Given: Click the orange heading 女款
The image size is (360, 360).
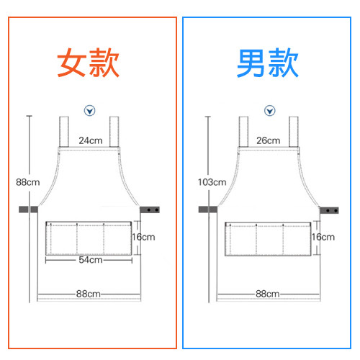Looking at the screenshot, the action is point(88,63).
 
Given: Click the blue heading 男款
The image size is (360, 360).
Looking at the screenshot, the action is point(267,63).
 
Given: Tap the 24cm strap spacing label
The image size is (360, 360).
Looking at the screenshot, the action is point(91,140).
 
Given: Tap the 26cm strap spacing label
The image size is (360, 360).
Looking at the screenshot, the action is point(269,140).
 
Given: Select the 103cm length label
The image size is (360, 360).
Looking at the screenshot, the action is point(212,182).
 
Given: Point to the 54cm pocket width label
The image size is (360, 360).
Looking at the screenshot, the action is point(91,260).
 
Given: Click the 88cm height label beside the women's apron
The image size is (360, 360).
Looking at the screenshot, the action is point(28,182).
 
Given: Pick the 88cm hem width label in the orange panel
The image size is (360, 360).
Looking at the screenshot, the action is point(88,294).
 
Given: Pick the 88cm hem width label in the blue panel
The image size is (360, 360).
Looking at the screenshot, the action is point(267,294).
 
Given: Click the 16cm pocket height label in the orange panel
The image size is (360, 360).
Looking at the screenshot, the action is point(143,237).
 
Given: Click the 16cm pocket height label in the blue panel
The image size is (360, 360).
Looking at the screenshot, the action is point(323,237).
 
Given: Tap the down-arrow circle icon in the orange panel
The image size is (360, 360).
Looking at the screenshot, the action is point(89,111).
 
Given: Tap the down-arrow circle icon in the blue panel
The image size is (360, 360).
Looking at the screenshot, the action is point(269,111).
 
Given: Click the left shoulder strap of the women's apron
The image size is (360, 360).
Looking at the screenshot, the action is point(64,132).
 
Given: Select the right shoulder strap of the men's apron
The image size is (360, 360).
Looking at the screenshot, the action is point(294,132).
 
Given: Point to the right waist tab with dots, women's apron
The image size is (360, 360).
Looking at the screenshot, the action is point(150,210).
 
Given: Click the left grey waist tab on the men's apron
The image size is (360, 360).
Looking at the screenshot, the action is point(208,210).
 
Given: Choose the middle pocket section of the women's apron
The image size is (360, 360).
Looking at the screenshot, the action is point(90,238).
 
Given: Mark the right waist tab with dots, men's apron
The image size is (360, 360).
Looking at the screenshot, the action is point(329,210).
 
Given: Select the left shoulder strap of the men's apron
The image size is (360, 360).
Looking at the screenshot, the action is point(243,132).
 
